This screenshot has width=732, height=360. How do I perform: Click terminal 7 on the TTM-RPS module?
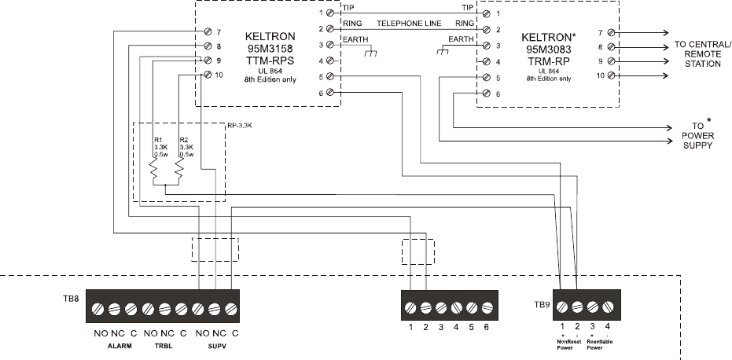click(207, 31)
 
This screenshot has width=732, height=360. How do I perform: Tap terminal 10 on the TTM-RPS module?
click(207, 75)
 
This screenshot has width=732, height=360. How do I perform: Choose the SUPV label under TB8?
click(215, 346)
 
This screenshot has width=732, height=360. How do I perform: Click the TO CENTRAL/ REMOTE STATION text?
click(702, 53)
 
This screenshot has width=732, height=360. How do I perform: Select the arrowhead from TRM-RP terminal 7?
click(665, 32)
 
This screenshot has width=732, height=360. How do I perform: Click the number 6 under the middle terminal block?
click(487, 326)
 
